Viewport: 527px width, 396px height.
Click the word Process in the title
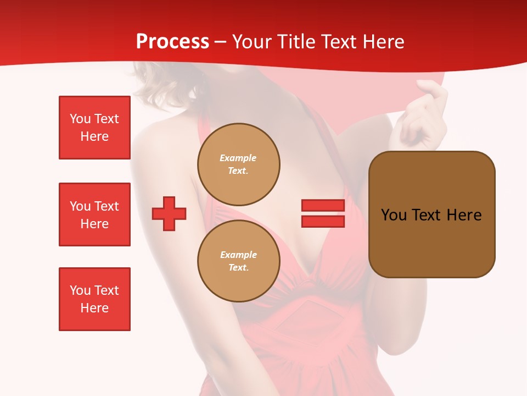(172, 42)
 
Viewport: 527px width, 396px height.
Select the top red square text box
(94, 128)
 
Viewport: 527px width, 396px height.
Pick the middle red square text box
(94, 215)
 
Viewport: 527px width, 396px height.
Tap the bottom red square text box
(94, 299)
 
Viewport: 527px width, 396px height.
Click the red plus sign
(169, 213)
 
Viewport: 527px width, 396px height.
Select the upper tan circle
(238, 164)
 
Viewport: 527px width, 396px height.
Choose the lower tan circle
(238, 261)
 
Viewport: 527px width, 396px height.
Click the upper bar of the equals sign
(323, 205)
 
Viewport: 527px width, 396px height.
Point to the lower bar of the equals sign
(323, 221)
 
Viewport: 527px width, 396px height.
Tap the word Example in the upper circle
(238, 158)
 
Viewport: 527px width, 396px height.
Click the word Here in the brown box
(464, 215)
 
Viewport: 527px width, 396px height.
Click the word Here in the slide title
(381, 42)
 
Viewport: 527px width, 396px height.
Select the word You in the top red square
(80, 119)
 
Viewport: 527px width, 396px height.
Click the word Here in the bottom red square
(94, 308)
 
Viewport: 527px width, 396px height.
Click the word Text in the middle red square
(106, 206)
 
